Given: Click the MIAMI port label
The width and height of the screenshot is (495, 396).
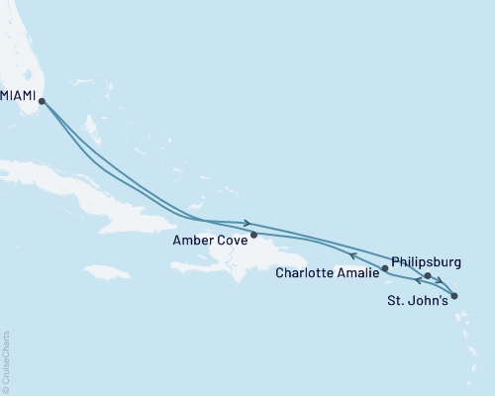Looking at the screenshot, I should [16, 87].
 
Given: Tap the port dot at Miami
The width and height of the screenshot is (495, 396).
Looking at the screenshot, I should [42, 100].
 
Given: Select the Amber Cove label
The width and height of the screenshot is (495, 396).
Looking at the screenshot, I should [209, 239].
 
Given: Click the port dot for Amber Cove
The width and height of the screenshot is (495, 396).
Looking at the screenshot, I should [254, 236].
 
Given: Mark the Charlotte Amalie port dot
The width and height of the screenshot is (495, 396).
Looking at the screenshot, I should [385, 268].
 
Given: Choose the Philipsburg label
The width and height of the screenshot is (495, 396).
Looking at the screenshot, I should [426, 261].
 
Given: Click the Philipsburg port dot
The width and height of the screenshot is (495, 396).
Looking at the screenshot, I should [428, 276].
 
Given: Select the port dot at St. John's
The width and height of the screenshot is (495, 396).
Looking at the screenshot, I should [452, 294].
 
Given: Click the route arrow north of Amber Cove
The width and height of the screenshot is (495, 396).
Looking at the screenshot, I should [247, 223].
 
